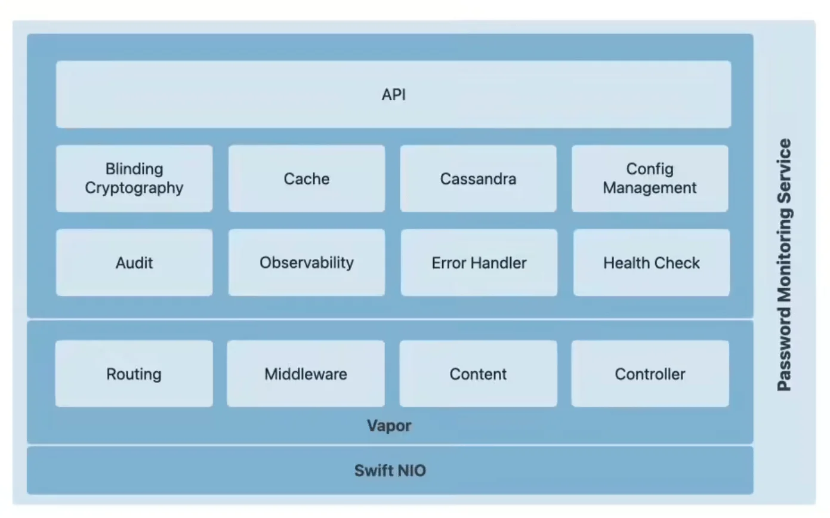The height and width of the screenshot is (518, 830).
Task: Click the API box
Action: click(x=393, y=94)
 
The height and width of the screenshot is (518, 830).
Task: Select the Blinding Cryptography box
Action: click(x=134, y=178)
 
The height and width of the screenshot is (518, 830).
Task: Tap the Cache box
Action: click(x=307, y=178)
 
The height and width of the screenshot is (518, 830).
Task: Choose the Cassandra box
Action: click(x=478, y=178)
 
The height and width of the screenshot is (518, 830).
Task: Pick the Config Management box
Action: click(x=650, y=178)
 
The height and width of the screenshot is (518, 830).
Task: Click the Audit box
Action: click(x=134, y=263)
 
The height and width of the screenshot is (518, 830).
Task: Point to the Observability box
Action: click(x=307, y=263)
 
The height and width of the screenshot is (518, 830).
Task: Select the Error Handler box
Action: click(x=479, y=263)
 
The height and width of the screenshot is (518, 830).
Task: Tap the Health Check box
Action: click(x=652, y=263)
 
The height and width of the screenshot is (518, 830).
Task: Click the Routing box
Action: click(x=134, y=374)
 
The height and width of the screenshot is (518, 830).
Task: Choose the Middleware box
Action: click(x=306, y=374)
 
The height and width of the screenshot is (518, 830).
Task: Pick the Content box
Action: click(x=478, y=374)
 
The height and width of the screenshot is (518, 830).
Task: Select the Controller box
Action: click(x=650, y=374)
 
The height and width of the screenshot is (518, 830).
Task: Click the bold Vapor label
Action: click(x=389, y=425)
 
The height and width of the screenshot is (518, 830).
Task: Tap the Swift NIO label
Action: click(x=390, y=471)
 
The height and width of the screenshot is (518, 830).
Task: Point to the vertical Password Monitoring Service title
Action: click(x=784, y=264)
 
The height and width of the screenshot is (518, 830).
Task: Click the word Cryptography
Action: click(x=134, y=189)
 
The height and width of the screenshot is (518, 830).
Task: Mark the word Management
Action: click(x=650, y=188)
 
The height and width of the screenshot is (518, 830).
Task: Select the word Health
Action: click(x=625, y=263)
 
